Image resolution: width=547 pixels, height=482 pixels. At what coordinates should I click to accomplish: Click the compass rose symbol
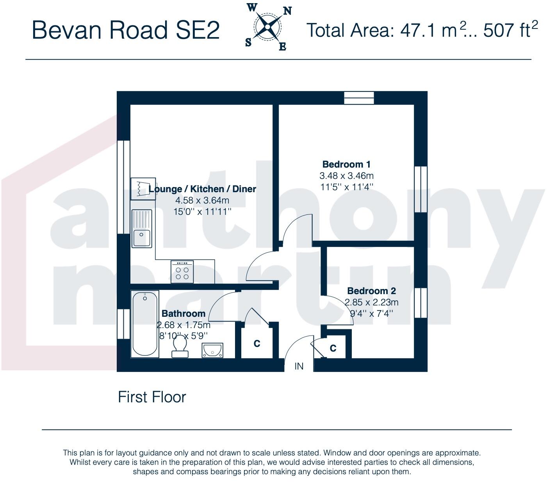tap(267, 27)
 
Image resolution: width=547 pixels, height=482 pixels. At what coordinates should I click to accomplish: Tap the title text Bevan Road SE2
tap(125, 30)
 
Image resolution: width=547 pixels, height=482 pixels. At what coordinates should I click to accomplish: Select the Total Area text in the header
tap(422, 30)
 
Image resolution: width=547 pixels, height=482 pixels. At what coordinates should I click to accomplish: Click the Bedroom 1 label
tap(346, 164)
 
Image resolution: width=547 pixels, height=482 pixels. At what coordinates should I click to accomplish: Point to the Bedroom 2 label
tap(371, 291)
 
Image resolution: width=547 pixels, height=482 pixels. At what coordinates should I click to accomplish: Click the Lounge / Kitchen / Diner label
tap(202, 189)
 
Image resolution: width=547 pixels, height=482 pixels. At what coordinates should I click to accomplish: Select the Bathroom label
tap(183, 313)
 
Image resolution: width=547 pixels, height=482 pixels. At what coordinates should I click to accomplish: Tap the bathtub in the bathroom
tap(145, 323)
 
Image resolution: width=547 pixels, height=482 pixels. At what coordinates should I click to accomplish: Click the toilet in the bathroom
tap(180, 347)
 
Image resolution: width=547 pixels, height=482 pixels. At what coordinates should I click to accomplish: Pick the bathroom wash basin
tap(212, 350)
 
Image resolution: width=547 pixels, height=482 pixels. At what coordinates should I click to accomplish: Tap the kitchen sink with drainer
tap(142, 229)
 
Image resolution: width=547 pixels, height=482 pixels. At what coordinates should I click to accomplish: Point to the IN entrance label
tap(299, 366)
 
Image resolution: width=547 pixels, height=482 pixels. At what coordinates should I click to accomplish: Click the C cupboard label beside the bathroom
tap(257, 344)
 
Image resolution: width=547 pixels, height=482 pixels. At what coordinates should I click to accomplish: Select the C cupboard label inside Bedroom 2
tap(333, 348)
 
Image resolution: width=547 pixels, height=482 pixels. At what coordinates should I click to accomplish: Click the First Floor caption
tap(152, 397)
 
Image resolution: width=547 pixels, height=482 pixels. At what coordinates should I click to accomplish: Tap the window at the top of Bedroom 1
tap(359, 98)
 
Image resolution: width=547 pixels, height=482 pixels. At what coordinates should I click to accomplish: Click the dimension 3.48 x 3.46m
tap(346, 176)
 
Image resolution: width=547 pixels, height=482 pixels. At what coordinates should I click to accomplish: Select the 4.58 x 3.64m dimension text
tap(202, 200)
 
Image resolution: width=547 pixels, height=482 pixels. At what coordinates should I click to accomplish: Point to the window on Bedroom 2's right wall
tap(420, 303)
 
